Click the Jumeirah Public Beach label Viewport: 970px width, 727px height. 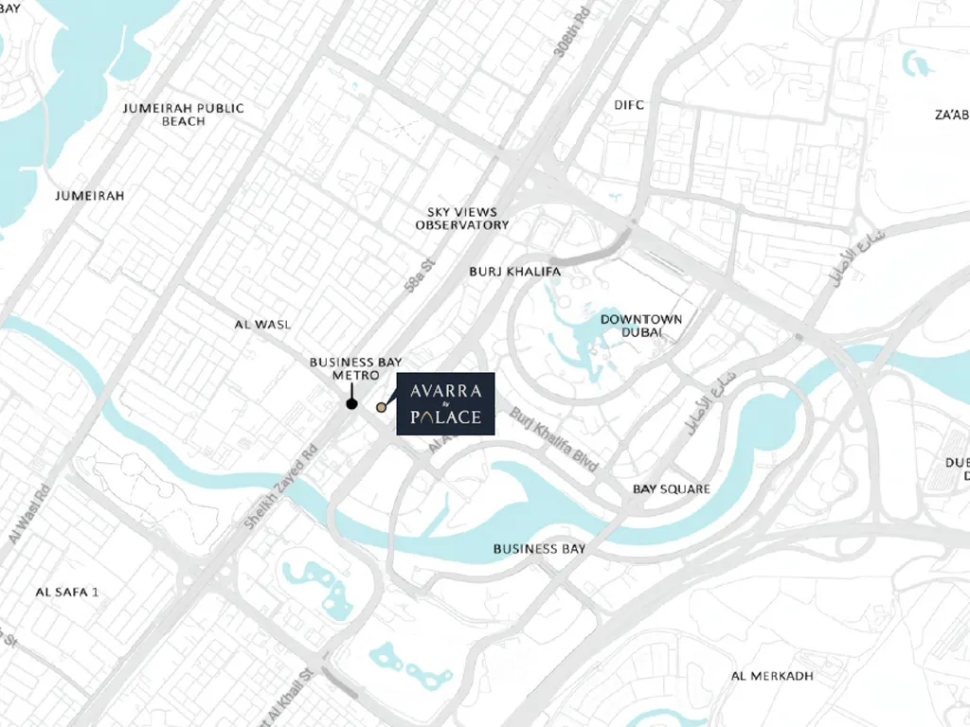pyautogui.click(x=184, y=115)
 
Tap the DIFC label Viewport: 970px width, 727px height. pyautogui.click(x=629, y=105)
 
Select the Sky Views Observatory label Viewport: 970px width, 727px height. pyautogui.click(x=462, y=219)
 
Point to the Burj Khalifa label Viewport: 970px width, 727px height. pyautogui.click(x=515, y=272)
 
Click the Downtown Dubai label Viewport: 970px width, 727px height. pyautogui.click(x=641, y=326)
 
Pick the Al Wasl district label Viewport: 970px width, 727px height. pyautogui.click(x=262, y=325)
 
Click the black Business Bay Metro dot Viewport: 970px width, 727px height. pyautogui.click(x=351, y=404)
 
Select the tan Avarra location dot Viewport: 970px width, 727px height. pyautogui.click(x=381, y=407)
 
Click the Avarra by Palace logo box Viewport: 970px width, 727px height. pyautogui.click(x=445, y=404)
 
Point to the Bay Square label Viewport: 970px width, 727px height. pyautogui.click(x=672, y=488)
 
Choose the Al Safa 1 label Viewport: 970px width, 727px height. pyautogui.click(x=67, y=592)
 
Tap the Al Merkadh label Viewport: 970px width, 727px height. pyautogui.click(x=773, y=676)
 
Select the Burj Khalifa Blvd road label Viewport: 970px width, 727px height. pyautogui.click(x=555, y=440)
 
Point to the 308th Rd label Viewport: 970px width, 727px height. pyautogui.click(x=573, y=33)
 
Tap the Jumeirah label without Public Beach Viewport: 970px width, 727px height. pyautogui.click(x=90, y=195)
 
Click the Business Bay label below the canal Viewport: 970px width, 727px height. pyautogui.click(x=539, y=549)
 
